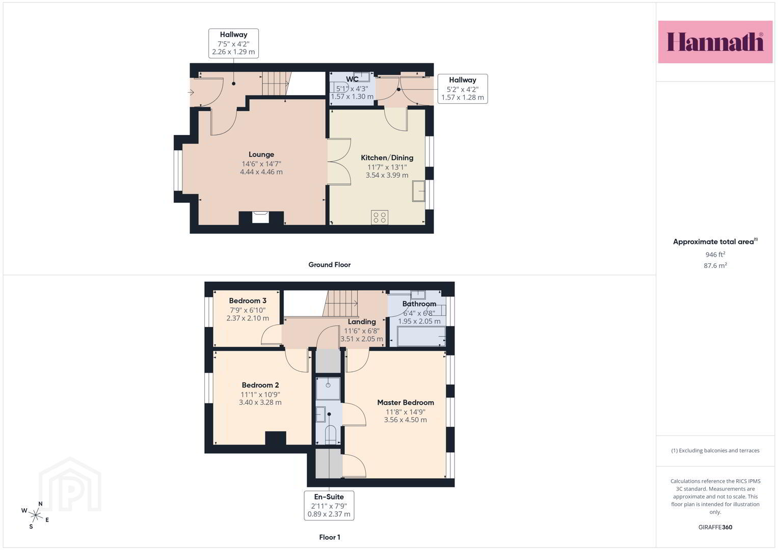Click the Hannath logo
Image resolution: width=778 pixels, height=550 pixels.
[x=715, y=42]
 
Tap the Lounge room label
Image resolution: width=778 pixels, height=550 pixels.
[x=261, y=154]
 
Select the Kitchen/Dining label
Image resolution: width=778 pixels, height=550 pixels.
[x=387, y=158]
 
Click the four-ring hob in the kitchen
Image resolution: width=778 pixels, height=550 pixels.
[x=379, y=217]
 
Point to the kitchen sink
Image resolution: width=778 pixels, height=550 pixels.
[x=418, y=191]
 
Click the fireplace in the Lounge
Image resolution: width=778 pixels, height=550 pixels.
[x=260, y=217]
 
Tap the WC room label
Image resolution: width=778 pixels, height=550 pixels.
[x=352, y=79]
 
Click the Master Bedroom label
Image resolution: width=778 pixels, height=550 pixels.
[x=406, y=402]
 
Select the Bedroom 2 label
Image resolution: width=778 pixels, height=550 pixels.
[x=260, y=385]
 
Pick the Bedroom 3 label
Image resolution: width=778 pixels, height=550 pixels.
[x=247, y=300]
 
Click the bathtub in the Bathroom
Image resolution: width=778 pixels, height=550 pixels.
[x=421, y=337]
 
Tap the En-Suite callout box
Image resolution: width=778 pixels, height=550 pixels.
[x=329, y=505]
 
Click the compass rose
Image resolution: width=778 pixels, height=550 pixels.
[x=36, y=515]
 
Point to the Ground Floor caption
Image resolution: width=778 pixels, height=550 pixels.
[x=329, y=265]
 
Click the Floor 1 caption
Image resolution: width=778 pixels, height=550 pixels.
[x=329, y=537]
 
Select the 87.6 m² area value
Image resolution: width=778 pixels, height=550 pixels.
[x=715, y=265]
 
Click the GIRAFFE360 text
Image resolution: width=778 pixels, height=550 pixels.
[x=715, y=527]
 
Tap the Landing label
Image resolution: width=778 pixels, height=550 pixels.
[x=362, y=322]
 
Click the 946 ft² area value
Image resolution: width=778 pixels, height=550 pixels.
[x=715, y=254]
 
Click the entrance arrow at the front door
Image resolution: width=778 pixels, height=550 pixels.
[x=191, y=92]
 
